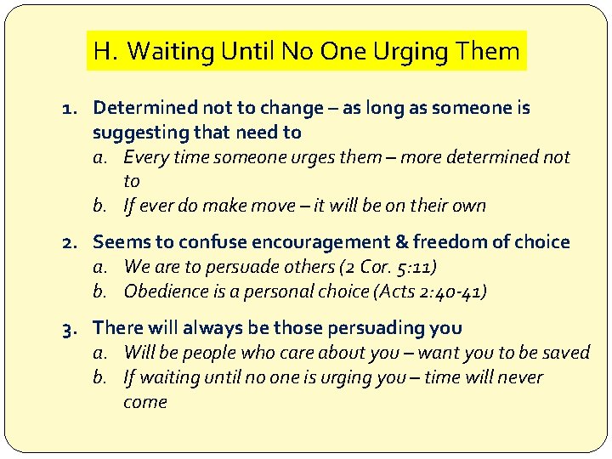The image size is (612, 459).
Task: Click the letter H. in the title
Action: coord(106,51)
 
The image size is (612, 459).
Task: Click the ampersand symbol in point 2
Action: coord(393,242)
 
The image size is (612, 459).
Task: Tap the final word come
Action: coord(144,402)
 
